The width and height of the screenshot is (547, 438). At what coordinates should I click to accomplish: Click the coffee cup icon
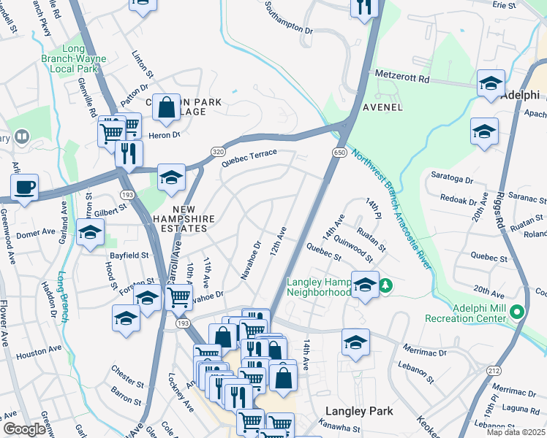(24, 187)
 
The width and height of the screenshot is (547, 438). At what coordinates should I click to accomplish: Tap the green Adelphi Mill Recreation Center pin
(518, 312)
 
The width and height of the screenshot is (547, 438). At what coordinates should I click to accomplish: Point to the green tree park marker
(390, 284)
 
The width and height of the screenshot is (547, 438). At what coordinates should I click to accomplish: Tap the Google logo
(24, 429)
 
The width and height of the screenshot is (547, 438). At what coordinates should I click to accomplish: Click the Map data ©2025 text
(516, 432)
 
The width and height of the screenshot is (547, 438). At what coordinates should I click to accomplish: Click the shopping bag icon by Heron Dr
(167, 107)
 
